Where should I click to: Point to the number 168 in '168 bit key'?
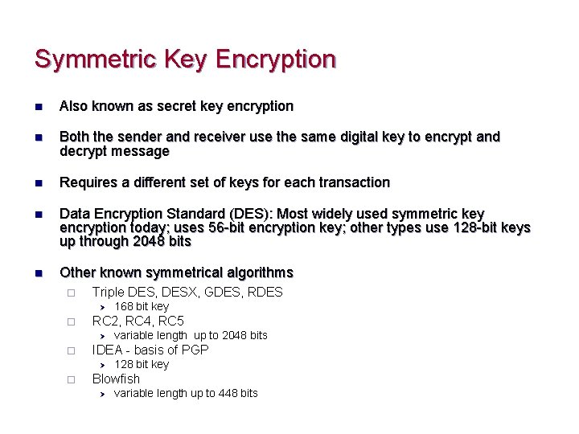coord(123,306)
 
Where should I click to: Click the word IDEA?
coord(108,350)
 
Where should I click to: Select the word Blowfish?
coord(116,379)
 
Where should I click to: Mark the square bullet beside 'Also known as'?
coord(39,106)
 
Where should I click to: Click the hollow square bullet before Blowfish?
coord(71,379)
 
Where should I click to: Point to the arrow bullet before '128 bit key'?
coord(102,365)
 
